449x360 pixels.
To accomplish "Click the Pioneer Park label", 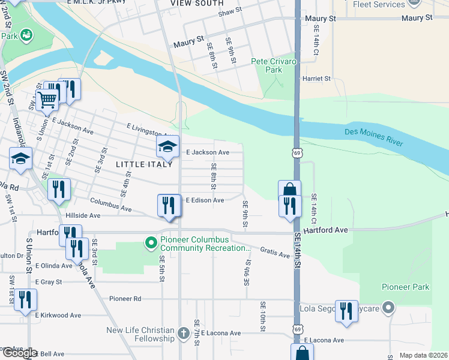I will (406, 287).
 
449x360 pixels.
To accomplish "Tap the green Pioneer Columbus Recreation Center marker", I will (150, 243).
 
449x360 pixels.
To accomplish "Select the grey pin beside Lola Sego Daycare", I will (388, 308).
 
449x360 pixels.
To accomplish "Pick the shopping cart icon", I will (47, 98).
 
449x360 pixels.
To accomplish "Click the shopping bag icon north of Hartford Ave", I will (289, 190).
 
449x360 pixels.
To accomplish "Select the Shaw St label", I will (229, 12).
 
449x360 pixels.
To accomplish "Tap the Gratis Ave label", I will (275, 253).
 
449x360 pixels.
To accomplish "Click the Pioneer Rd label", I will (125, 298).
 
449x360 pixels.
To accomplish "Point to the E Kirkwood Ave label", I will (58, 315).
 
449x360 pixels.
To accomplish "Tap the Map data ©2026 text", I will (423, 355).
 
